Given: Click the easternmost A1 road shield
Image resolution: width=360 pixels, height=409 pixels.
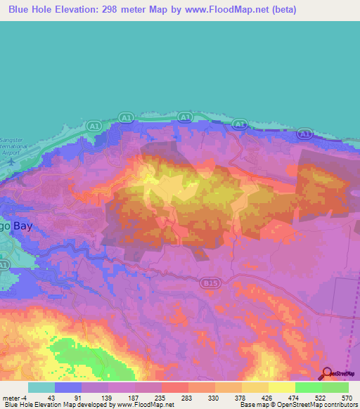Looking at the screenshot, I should (304, 133).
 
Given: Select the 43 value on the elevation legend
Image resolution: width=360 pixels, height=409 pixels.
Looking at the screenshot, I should (51, 397).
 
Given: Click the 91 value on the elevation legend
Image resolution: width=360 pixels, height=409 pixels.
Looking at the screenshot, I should (78, 397).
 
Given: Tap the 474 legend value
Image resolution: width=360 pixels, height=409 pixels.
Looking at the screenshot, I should (292, 397).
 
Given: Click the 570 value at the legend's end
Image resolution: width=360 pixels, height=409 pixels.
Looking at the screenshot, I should (345, 397).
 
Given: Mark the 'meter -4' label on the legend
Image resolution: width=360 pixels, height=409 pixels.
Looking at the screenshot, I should (16, 397).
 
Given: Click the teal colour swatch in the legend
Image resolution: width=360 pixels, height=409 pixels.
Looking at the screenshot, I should (41, 387).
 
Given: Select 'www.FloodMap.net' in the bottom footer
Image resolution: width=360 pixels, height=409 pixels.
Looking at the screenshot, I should (146, 405).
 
